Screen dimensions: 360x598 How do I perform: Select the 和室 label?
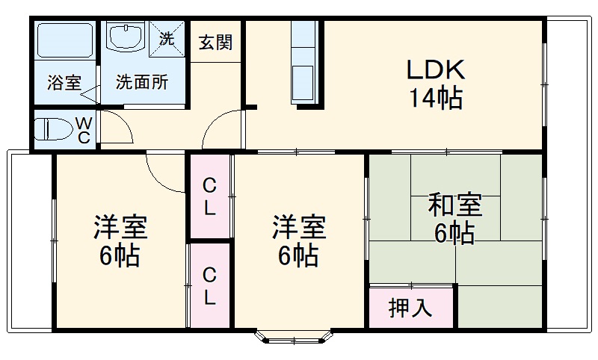click(454, 204)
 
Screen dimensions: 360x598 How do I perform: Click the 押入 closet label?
click(410, 307)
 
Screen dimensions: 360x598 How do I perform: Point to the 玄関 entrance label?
click(215, 42)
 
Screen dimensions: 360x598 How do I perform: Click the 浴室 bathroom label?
click(64, 82)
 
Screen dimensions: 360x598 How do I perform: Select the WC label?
click(84, 129)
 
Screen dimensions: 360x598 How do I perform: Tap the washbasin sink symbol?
click(127, 37)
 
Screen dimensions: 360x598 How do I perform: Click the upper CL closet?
click(210, 196)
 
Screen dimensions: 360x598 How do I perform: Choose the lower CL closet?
click(210, 286)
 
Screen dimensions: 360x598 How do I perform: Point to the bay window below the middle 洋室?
click(292, 338)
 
